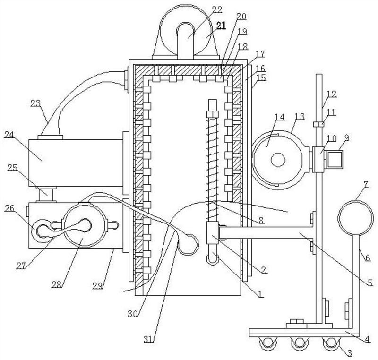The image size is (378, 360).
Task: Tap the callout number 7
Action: [x=366, y=185]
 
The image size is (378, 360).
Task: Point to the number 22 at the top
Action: [x=217, y=9]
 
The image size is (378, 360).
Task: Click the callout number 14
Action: [x=280, y=117]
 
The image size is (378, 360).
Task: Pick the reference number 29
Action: [x=98, y=285]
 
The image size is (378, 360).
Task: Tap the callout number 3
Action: [x=350, y=353]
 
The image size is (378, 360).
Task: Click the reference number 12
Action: [x=332, y=94]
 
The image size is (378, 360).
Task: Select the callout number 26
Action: [x=9, y=208]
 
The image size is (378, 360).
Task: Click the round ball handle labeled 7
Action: [x=356, y=218]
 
